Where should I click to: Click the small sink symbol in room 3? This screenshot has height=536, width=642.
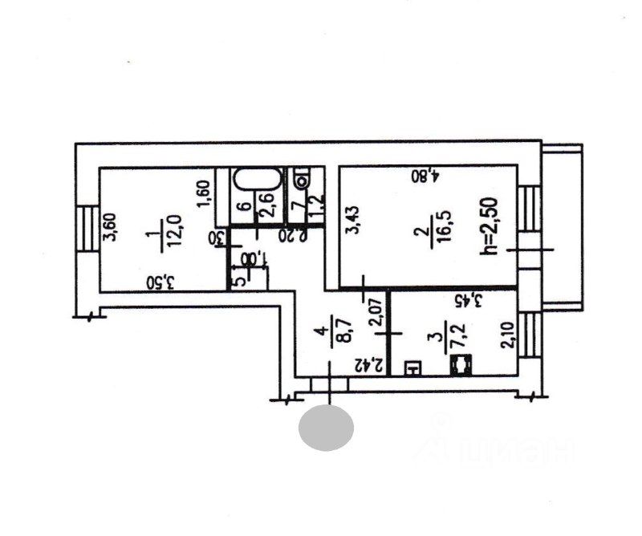[x=412, y=369]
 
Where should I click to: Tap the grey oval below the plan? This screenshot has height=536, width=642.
[x=326, y=428]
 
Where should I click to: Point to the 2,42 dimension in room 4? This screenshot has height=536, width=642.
[x=367, y=362]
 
